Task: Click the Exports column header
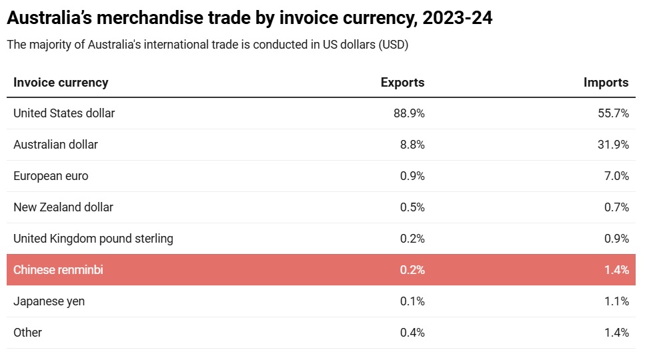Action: [402, 83]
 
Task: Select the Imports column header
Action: [606, 83]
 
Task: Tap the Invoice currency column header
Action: [61, 83]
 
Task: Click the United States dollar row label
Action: [64, 113]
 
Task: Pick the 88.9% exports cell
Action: [409, 113]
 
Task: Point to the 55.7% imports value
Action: [613, 113]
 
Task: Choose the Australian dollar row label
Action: [55, 145]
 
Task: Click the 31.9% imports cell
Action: [613, 145]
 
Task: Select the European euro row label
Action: [51, 176]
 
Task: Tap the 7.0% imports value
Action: [616, 176]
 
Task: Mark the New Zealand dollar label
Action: [63, 207]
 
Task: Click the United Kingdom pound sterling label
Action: [93, 239]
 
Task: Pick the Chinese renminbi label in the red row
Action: [58, 270]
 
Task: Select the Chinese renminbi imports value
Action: [616, 270]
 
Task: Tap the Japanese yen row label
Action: [49, 301]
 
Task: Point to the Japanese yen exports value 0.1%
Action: [412, 301]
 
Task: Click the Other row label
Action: [27, 333]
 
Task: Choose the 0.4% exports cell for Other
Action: [412, 333]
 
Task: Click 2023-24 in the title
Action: [458, 18]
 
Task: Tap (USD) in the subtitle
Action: [393, 45]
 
